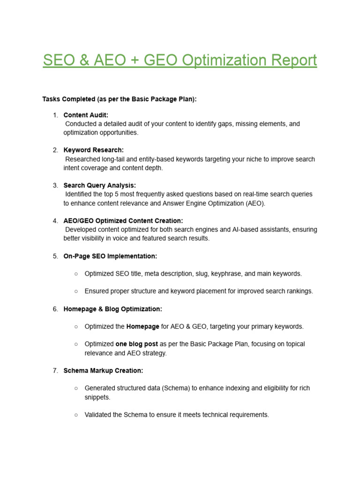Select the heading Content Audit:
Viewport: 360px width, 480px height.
pos(86,115)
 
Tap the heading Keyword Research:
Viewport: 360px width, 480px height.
pos(94,150)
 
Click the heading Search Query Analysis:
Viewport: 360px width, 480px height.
pos(100,185)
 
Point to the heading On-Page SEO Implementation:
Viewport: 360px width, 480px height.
pos(110,256)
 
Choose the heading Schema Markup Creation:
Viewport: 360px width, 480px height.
pos(103,370)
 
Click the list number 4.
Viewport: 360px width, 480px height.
pos(55,221)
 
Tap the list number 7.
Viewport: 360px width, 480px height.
pos(55,370)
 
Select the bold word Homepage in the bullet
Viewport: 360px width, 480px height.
pos(142,326)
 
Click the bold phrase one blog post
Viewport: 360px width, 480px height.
pos(137,344)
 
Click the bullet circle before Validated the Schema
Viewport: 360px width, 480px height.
pos(76,415)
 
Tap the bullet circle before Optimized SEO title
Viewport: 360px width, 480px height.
pos(76,274)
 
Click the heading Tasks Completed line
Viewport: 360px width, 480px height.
pos(120,99)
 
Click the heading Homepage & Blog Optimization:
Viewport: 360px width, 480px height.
pos(113,309)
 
